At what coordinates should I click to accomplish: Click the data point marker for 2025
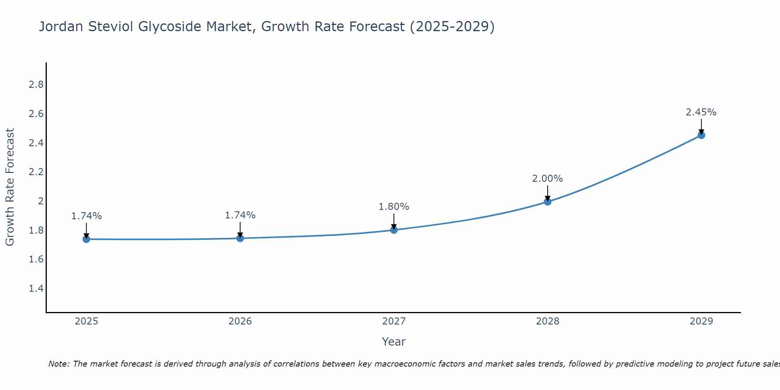(x=87, y=239)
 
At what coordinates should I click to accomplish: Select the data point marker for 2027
(x=394, y=230)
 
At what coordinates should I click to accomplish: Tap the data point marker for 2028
(x=548, y=202)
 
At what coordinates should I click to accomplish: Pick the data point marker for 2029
(x=701, y=135)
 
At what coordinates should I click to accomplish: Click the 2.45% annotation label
(x=701, y=112)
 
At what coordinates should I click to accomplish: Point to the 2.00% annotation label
(x=548, y=179)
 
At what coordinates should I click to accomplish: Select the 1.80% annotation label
(x=394, y=207)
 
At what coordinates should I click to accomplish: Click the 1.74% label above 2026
(x=240, y=215)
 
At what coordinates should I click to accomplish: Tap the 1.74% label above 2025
(x=87, y=216)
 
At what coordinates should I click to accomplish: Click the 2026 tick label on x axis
(x=240, y=321)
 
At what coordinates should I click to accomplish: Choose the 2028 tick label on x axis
(x=548, y=321)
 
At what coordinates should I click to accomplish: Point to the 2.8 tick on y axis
(x=36, y=85)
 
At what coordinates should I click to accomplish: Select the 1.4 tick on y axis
(x=36, y=289)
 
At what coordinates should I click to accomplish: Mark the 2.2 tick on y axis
(x=36, y=172)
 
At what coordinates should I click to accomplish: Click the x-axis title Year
(x=394, y=342)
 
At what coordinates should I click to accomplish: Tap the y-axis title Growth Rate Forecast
(x=10, y=187)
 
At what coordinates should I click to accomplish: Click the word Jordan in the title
(x=61, y=27)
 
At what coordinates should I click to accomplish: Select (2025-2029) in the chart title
(x=452, y=27)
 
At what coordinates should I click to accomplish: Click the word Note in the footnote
(x=58, y=364)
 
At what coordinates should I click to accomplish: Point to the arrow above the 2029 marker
(x=701, y=126)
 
